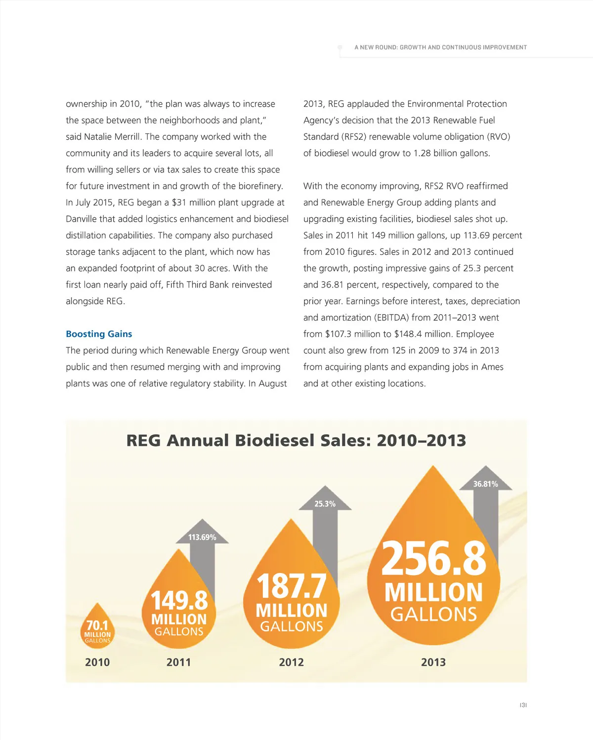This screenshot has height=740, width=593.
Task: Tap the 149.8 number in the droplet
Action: pos(179,601)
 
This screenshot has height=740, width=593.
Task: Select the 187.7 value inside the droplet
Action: pos(292,586)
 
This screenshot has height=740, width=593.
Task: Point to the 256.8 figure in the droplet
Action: pos(433,558)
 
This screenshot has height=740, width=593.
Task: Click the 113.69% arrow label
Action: pos(202,537)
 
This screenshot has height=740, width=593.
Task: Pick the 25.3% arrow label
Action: pos(325,503)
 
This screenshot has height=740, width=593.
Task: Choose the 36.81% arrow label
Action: pos(485,484)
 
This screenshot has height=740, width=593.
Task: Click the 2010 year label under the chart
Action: pos(97,662)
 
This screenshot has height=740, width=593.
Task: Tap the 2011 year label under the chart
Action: pos(178,662)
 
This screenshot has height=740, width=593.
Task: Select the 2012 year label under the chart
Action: pos(291,662)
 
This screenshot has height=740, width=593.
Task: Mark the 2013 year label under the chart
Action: pos(433,662)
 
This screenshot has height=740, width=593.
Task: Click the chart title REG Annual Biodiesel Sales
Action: pos(296,440)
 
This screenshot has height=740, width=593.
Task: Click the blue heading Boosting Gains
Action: pos(99,334)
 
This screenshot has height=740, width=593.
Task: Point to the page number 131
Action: pos(523,705)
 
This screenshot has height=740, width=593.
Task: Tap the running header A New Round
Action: pos(440,47)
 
